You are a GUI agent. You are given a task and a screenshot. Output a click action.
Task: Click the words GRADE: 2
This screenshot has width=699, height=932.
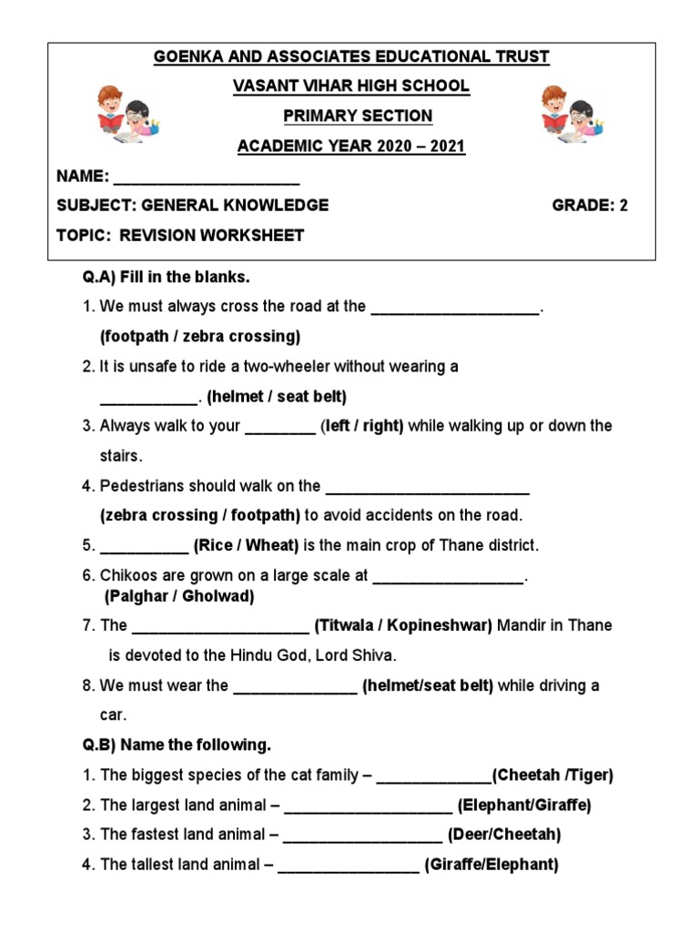point(590,206)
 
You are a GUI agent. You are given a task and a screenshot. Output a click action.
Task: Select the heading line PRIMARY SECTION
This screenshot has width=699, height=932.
point(358,116)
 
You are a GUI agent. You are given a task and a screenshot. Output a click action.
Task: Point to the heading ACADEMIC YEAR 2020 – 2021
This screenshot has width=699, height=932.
point(351,147)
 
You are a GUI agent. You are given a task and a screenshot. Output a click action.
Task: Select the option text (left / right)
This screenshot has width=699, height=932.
point(362,426)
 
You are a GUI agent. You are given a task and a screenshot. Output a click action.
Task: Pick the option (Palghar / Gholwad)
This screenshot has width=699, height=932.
point(179,597)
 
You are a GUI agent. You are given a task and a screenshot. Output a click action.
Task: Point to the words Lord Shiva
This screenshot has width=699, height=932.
point(365,655)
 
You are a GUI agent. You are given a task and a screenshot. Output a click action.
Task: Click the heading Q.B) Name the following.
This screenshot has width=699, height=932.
point(177,745)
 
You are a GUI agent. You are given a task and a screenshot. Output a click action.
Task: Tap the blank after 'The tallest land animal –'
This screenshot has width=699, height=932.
point(349,866)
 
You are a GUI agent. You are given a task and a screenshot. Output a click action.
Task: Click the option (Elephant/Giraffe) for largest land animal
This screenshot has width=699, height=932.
point(524,805)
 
